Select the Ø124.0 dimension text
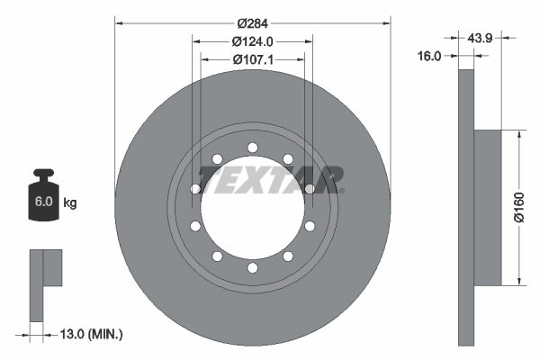(x=253, y=42)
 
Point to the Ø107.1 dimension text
(x=253, y=59)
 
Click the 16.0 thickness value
(x=430, y=56)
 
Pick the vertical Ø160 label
(x=520, y=208)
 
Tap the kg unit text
(x=69, y=203)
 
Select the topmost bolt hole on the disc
(x=253, y=148)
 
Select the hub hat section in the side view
(x=486, y=208)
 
